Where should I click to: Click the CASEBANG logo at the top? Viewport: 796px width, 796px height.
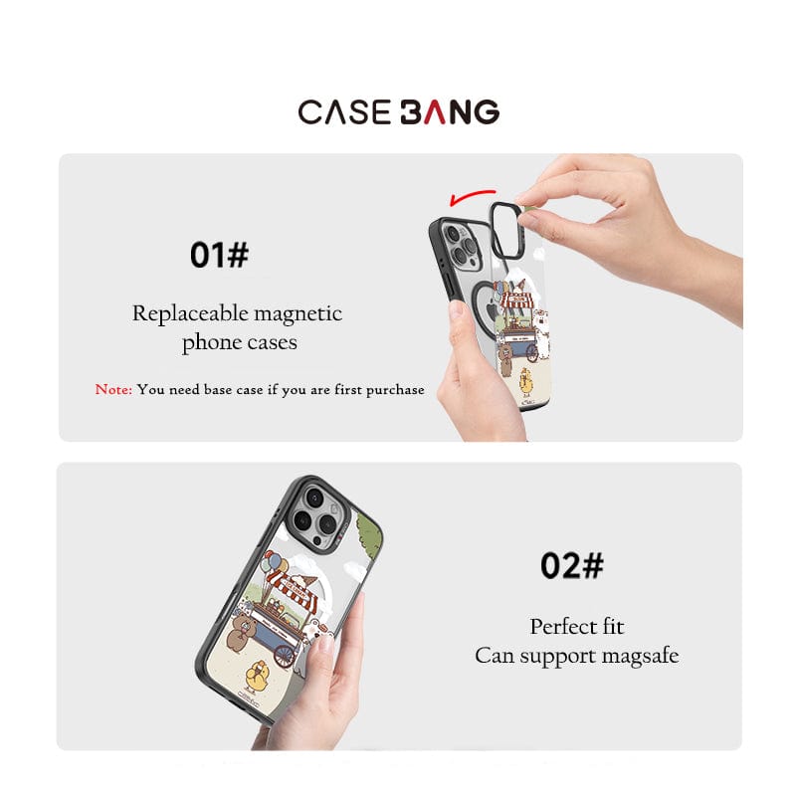click(399, 111)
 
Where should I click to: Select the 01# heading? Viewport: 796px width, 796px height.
click(219, 255)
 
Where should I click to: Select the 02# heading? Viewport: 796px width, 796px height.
click(571, 565)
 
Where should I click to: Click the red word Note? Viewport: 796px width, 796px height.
click(113, 389)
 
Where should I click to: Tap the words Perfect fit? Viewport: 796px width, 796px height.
click(577, 627)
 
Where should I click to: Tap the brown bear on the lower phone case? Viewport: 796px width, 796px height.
click(241, 631)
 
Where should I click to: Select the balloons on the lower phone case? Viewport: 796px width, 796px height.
click(275, 563)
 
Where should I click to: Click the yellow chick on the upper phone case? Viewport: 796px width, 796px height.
click(526, 383)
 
